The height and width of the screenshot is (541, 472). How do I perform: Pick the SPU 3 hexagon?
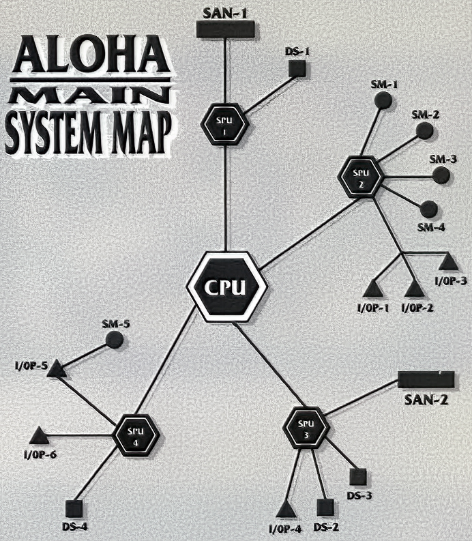305,428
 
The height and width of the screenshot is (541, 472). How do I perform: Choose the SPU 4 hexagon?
136,432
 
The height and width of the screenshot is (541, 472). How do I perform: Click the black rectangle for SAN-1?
225,29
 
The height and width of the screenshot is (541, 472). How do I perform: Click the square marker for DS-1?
296,68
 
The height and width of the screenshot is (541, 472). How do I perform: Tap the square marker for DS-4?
75,508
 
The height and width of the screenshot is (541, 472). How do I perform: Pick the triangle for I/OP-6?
38,434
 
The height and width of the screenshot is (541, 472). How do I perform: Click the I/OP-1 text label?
372,308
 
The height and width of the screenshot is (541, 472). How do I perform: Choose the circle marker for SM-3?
442,174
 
